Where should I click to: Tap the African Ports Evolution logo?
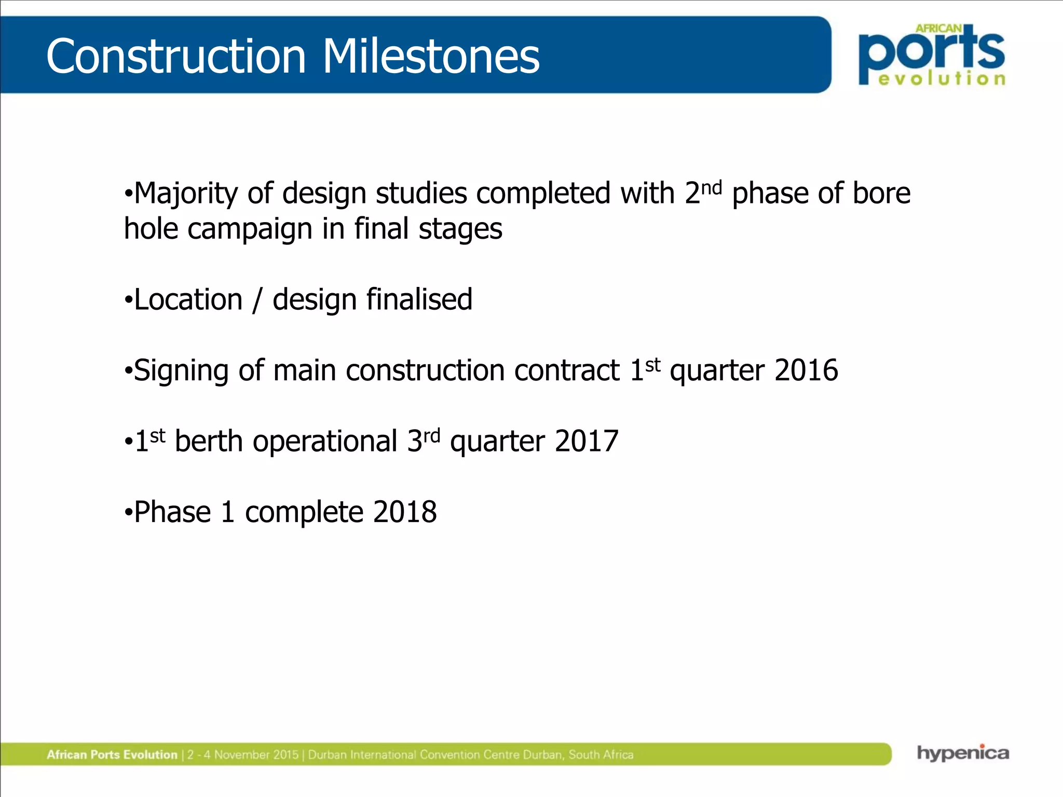coord(932,54)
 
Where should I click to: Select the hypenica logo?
coord(963,753)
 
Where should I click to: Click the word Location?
coord(188,300)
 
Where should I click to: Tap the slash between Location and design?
coord(257,301)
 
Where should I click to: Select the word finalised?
coord(419,300)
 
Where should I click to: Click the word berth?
coord(209,442)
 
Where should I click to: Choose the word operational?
coord(325,442)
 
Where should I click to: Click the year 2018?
coord(405,512)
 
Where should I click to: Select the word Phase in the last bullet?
coord(172,512)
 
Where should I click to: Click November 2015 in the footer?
coord(256,754)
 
